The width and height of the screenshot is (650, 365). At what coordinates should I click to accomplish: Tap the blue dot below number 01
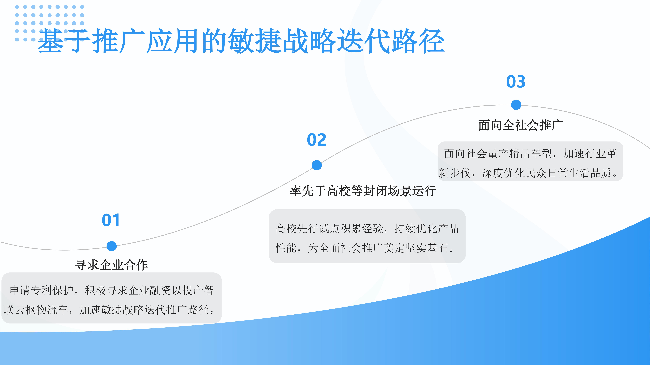(x=112, y=246)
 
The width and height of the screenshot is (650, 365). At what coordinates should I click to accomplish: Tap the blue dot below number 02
(x=317, y=165)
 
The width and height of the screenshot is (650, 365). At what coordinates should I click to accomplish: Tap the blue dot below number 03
(x=516, y=105)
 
